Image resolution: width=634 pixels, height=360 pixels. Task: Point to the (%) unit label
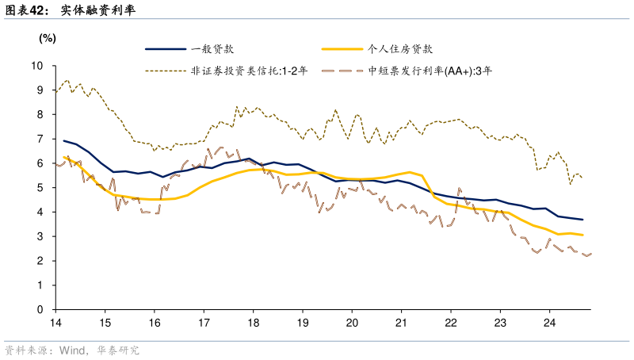coord(48,37)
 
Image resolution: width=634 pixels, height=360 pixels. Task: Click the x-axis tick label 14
coord(55,323)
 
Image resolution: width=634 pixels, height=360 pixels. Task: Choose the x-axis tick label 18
coord(253,323)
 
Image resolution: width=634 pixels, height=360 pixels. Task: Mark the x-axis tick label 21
coord(401,323)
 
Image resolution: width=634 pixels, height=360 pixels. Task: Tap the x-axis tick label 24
coord(549,323)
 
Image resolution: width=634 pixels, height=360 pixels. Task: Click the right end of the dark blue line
coord(583,220)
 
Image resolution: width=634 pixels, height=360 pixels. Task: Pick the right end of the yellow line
coord(583,235)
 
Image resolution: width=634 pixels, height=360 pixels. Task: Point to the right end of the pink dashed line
coord(591,254)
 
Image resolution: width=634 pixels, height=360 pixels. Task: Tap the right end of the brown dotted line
coord(583,178)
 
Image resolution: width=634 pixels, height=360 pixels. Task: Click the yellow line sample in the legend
coord(341,48)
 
